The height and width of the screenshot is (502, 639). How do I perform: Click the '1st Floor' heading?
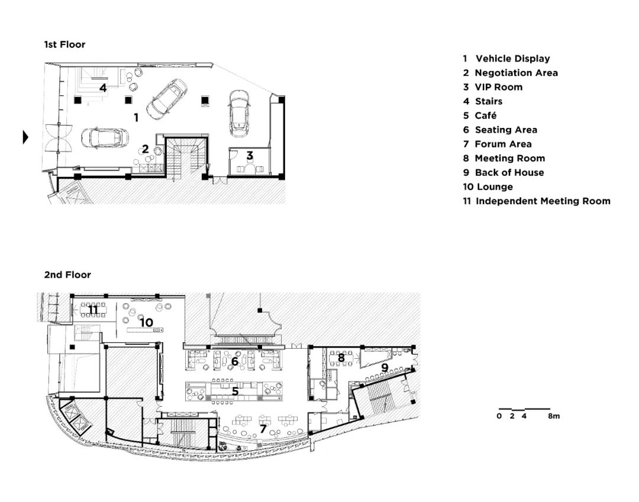point(65,44)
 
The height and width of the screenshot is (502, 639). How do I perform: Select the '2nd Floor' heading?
point(67,275)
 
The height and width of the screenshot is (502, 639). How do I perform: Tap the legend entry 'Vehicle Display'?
point(512,59)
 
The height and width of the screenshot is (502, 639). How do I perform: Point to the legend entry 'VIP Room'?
point(498,87)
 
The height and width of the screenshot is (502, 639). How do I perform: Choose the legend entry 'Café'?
point(486,115)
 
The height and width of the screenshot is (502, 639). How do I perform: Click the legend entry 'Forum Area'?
point(504,144)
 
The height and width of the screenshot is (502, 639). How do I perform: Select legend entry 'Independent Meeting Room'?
point(543,201)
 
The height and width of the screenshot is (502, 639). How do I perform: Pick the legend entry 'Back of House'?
point(509,172)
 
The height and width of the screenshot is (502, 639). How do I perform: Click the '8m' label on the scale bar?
point(554,416)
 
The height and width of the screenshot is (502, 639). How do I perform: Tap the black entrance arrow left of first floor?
point(25,137)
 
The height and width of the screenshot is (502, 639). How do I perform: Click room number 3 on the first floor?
point(250,155)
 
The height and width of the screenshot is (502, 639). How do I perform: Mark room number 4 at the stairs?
point(103,88)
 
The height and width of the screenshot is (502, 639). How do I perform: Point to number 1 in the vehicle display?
point(136,117)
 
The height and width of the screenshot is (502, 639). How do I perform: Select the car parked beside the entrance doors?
point(105,138)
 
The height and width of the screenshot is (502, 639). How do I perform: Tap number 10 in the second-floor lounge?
point(146,323)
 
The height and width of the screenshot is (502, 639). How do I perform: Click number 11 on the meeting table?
point(93,310)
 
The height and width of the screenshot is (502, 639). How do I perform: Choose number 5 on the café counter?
point(235,391)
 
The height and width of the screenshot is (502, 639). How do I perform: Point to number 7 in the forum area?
point(263,429)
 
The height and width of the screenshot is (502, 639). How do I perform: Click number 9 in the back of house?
point(385,368)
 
